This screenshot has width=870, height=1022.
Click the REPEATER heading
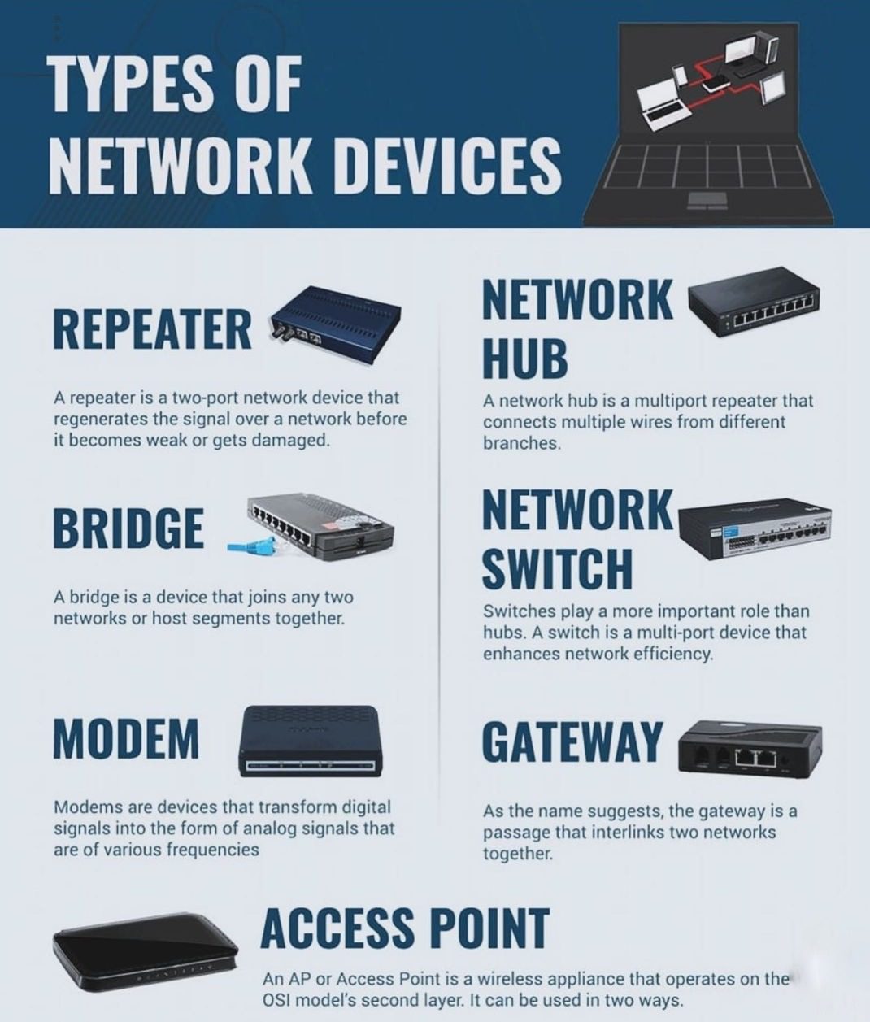(x=152, y=329)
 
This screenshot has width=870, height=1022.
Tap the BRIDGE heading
(x=128, y=528)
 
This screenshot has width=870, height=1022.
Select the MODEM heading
(x=126, y=738)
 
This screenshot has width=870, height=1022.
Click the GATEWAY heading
(x=572, y=741)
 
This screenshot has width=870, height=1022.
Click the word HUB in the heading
(x=525, y=358)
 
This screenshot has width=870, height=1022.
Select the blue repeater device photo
(x=335, y=324)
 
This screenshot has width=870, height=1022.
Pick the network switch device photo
(x=755, y=529)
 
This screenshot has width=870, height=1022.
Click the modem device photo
(x=311, y=741)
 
